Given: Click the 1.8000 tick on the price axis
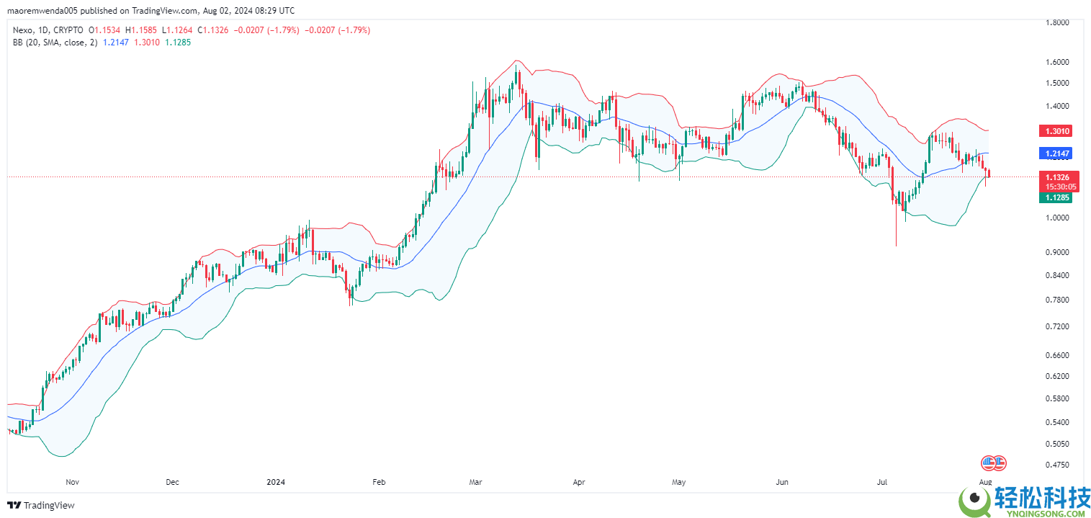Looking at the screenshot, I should [1056, 22].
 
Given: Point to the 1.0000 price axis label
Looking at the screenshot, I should [1056, 218].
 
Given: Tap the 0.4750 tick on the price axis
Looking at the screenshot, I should [1056, 465].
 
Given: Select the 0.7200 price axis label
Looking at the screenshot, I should [1056, 326].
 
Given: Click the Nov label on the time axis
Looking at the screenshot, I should [72, 481].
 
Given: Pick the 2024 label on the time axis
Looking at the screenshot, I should [277, 481].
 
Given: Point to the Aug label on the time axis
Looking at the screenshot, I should [986, 481].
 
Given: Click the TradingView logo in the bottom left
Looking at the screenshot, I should [41, 505].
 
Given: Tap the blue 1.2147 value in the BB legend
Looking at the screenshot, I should [117, 43].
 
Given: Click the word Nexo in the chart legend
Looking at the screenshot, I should [23, 30].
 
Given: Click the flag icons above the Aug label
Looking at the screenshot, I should [994, 463].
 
